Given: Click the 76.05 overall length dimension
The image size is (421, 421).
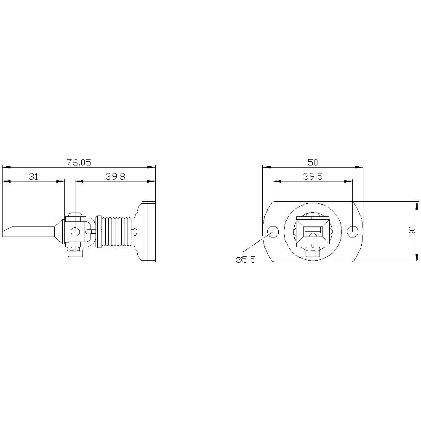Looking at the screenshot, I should pos(79,162).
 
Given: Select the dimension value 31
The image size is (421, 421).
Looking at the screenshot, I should pos(33,177).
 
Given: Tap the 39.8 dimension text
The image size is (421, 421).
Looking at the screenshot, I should pos(115,177).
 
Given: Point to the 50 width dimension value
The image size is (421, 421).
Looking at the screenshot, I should pos(312,162).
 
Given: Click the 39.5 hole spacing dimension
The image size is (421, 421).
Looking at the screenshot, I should pos(312,177).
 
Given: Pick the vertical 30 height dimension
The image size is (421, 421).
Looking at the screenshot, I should pos(412,231).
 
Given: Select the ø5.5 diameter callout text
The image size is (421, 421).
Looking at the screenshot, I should pos(245,260).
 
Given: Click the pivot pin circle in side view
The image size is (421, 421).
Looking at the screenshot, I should pos(75,231).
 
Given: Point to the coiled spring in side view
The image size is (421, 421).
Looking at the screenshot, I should pos(115,231).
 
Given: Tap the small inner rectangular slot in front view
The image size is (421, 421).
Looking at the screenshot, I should pos(312,230).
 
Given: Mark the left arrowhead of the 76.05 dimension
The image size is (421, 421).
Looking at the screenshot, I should pos(5,167).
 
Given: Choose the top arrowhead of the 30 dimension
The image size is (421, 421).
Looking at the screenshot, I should pos(417,205).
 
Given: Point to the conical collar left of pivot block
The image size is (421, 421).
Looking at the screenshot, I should pos(59,231).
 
